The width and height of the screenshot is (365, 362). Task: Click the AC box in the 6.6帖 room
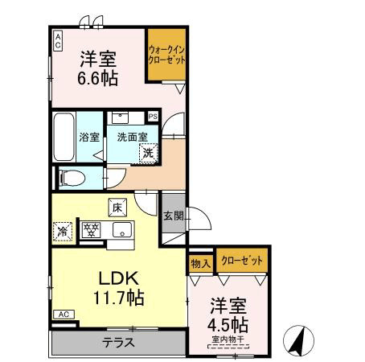click(x=58, y=39)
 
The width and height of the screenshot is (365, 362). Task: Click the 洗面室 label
click(x=130, y=138)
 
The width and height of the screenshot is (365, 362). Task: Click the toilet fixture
click(x=72, y=176)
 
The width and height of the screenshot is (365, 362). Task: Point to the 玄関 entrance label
click(x=173, y=215)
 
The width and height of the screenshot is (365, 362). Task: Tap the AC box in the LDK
click(x=64, y=314)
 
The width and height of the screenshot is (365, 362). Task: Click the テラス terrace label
click(x=117, y=342)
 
